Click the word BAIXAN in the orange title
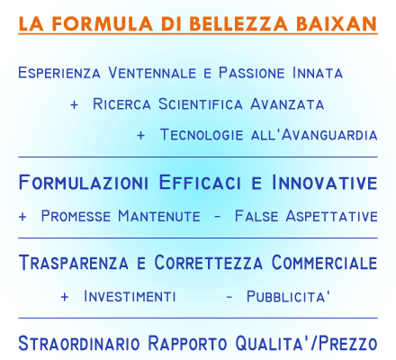pos(337,23)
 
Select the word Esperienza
pos(59,73)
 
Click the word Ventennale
pos(152,73)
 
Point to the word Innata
pos(318,73)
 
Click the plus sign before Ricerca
pos(74,104)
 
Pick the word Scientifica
pos(201,104)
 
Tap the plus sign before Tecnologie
pos(140,135)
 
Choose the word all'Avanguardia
pos(314,134)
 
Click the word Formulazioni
pos(84,182)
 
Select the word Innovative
pos(325,182)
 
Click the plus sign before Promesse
pos(22,217)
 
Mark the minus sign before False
pos(218,217)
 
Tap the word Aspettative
pos(331,216)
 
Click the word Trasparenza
pos(74,262)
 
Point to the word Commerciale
pos(324,262)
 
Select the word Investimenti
pos(130,296)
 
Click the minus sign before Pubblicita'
pos(229,297)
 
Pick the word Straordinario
pos(79,343)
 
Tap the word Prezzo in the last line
pos(348,343)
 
